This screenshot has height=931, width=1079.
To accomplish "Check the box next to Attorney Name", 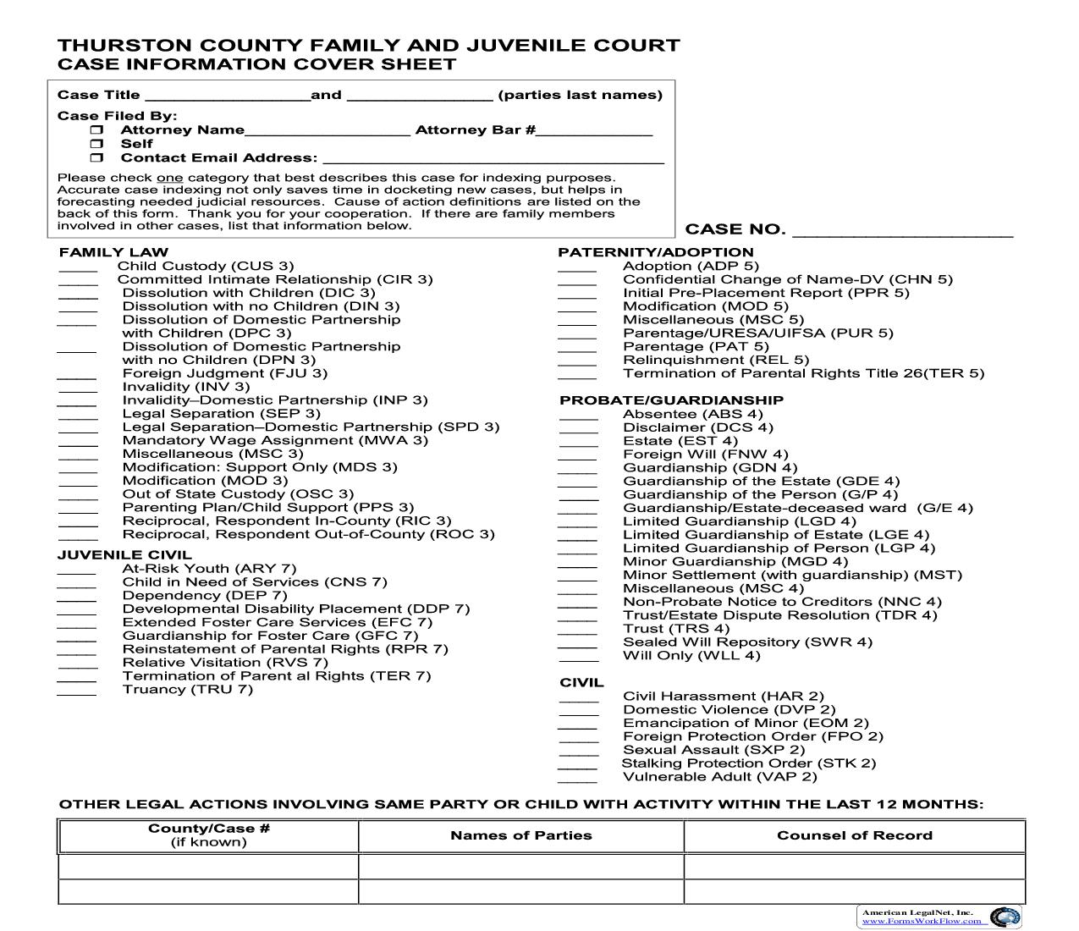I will click(x=97, y=130).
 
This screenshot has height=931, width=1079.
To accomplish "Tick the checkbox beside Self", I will click(x=97, y=144).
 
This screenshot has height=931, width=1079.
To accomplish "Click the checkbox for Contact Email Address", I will click(x=97, y=157).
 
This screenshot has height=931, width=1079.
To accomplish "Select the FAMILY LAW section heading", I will click(x=113, y=252).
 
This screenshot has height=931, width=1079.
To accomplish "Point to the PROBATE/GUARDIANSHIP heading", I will click(x=671, y=400).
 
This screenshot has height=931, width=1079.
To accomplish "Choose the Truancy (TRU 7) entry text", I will click(x=187, y=690).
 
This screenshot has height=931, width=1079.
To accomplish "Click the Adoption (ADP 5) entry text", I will click(x=691, y=266).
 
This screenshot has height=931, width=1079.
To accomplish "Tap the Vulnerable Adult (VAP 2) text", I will click(x=719, y=777).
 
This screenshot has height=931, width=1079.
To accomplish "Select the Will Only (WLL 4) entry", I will click(x=691, y=656).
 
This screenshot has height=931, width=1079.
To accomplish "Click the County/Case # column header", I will click(x=208, y=835).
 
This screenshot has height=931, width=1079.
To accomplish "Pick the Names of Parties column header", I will click(x=520, y=835).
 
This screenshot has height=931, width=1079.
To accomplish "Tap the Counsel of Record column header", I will click(x=854, y=835).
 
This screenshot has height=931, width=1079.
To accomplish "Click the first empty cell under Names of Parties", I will click(x=520, y=867).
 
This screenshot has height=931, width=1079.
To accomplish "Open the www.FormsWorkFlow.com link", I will click(x=922, y=921).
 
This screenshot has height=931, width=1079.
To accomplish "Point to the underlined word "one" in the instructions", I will click(x=169, y=178).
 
